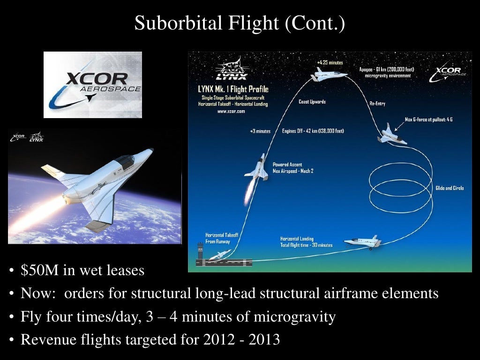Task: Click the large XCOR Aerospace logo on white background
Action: tap(93, 85)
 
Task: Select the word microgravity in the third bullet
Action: tap(294, 317)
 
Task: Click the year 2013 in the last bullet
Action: tap(263, 339)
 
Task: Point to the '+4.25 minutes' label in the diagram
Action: tap(330, 62)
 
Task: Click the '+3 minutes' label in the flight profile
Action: tap(260, 131)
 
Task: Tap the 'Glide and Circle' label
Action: tap(450, 188)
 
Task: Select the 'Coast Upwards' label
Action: tap(312, 102)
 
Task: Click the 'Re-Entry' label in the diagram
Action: tap(377, 104)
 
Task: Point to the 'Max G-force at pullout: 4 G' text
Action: tap(428, 120)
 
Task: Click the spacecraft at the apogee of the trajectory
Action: tap(330, 75)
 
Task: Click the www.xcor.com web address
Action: tap(231, 112)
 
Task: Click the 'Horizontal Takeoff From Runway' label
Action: tap(222, 238)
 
